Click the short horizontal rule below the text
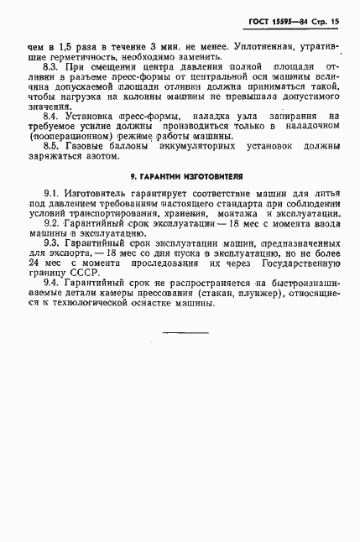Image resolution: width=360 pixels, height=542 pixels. (184, 334)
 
